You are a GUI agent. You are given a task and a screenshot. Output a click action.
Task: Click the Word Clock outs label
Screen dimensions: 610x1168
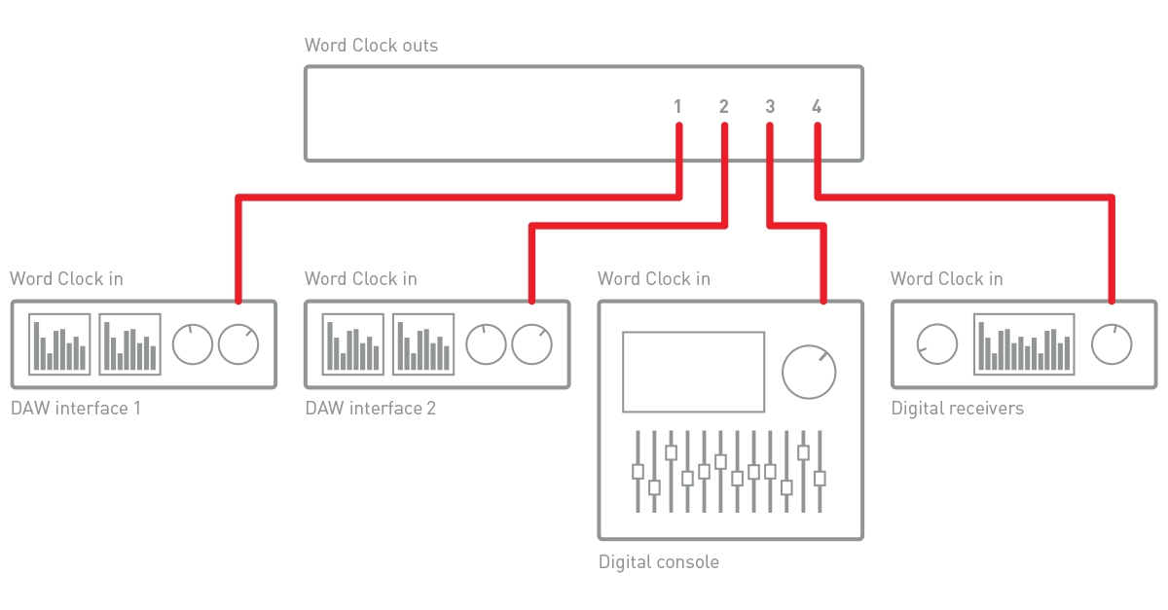pyautogui.click(x=371, y=46)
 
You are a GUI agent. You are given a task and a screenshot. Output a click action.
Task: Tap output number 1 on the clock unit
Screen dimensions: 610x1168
pyautogui.click(x=677, y=107)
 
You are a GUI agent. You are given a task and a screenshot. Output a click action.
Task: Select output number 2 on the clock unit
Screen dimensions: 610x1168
pyautogui.click(x=723, y=107)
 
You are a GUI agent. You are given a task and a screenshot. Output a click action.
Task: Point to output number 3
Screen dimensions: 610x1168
pyautogui.click(x=770, y=107)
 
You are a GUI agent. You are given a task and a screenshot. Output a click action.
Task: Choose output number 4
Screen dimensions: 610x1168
pyautogui.click(x=816, y=107)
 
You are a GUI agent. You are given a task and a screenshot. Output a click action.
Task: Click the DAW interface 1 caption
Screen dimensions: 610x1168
pyautogui.click(x=76, y=409)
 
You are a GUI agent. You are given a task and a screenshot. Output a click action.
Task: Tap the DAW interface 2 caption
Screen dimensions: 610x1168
pyautogui.click(x=371, y=409)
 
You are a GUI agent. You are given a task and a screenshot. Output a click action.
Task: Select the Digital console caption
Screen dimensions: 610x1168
pyautogui.click(x=659, y=562)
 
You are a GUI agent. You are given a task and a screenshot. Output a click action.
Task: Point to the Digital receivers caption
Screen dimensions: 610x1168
pyautogui.click(x=958, y=409)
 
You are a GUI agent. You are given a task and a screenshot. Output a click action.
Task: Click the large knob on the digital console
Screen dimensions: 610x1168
pyautogui.click(x=809, y=371)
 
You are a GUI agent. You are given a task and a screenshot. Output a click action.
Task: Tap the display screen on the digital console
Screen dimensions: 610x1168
pyautogui.click(x=693, y=372)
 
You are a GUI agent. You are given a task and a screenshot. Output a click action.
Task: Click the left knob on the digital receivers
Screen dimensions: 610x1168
pyautogui.click(x=937, y=344)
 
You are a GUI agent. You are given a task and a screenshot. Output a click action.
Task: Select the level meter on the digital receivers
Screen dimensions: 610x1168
pyautogui.click(x=1024, y=344)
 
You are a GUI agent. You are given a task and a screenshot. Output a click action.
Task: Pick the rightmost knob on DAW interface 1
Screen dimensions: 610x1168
pyautogui.click(x=238, y=344)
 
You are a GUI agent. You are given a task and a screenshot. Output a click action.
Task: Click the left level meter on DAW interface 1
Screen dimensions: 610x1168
pyautogui.click(x=59, y=344)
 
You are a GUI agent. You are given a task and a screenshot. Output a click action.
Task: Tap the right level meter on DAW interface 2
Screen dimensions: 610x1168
pyautogui.click(x=423, y=344)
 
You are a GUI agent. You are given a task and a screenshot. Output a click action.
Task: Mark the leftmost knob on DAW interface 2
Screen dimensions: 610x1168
pyautogui.click(x=486, y=344)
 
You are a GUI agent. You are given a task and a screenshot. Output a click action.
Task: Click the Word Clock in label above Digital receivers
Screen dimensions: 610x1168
pyautogui.click(x=946, y=279)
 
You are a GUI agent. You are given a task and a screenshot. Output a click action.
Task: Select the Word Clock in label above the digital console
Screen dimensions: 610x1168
pyautogui.click(x=654, y=279)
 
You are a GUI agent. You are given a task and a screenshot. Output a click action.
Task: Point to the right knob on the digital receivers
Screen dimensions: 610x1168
pyautogui.click(x=1112, y=344)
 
